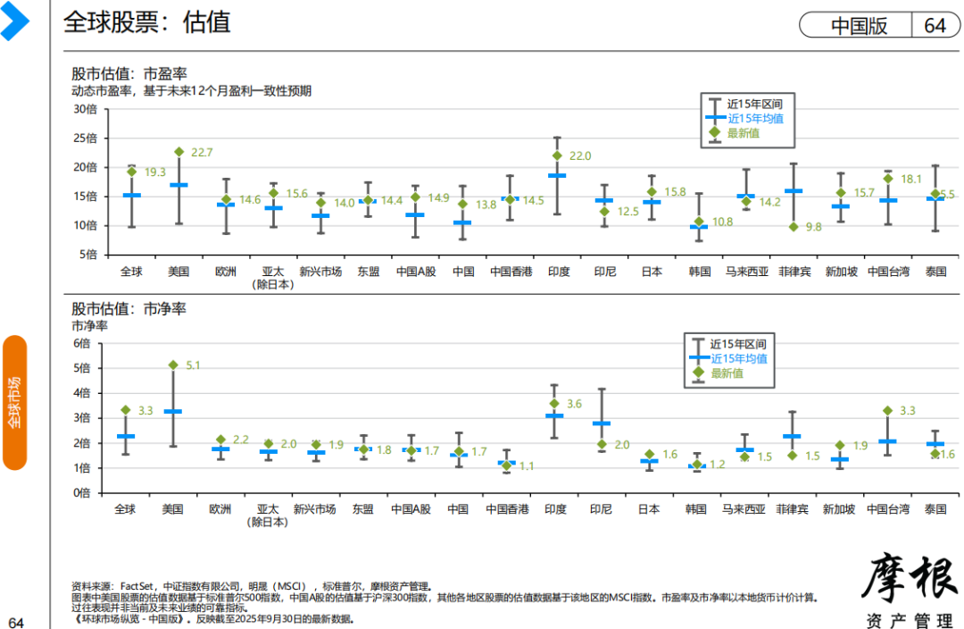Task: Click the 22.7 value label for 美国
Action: pos(201,153)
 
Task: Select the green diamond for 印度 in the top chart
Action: pos(557,155)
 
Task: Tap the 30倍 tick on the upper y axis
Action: pos(85,110)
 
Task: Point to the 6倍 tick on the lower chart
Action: pos(82,343)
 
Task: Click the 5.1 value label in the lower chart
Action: pos(193,365)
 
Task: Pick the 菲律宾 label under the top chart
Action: pos(794,271)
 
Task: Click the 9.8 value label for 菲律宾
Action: pos(812,227)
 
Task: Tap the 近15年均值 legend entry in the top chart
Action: pos(755,118)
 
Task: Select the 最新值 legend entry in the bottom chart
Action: pos(727,373)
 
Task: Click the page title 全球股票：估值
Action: pos(146,22)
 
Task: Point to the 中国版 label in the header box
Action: pos(859,25)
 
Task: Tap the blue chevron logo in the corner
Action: pos(15,21)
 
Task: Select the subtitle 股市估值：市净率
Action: pos(129,309)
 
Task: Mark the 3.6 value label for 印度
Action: pos(574,405)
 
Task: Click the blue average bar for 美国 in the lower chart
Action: pos(172,411)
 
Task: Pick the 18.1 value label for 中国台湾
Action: pos(910,179)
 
